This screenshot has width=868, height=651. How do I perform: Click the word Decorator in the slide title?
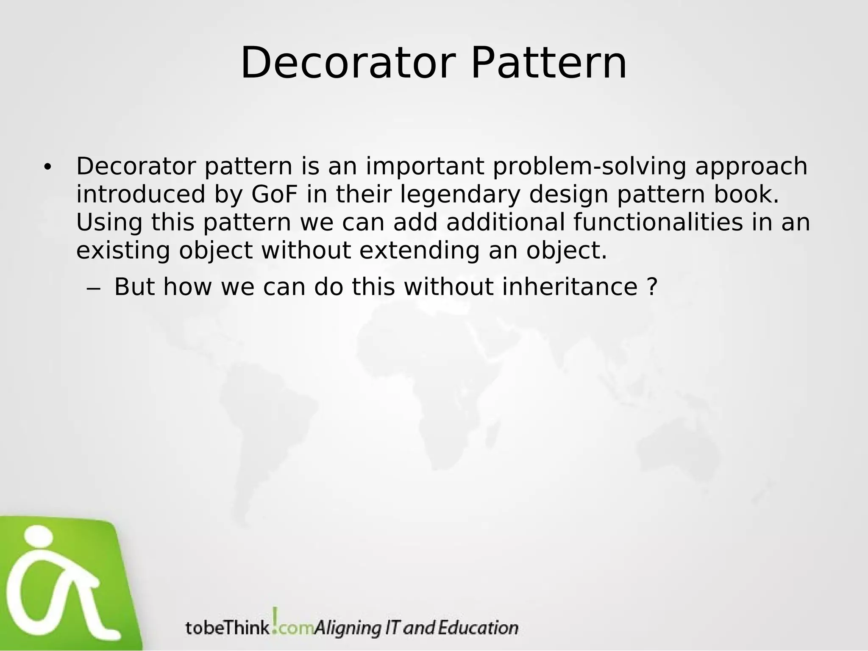(x=348, y=64)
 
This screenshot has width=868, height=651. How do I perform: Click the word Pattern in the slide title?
(x=548, y=64)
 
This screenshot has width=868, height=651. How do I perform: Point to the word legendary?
(x=459, y=195)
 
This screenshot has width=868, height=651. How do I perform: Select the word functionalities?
(x=658, y=223)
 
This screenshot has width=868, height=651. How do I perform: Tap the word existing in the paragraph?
(x=123, y=250)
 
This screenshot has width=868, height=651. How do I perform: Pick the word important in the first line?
(x=425, y=167)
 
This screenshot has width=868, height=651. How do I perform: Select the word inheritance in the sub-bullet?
(x=570, y=287)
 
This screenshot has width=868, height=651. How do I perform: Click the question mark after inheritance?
(x=653, y=287)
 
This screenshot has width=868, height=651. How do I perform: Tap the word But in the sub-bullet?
(x=134, y=287)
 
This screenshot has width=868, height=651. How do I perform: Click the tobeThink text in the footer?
(x=227, y=628)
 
